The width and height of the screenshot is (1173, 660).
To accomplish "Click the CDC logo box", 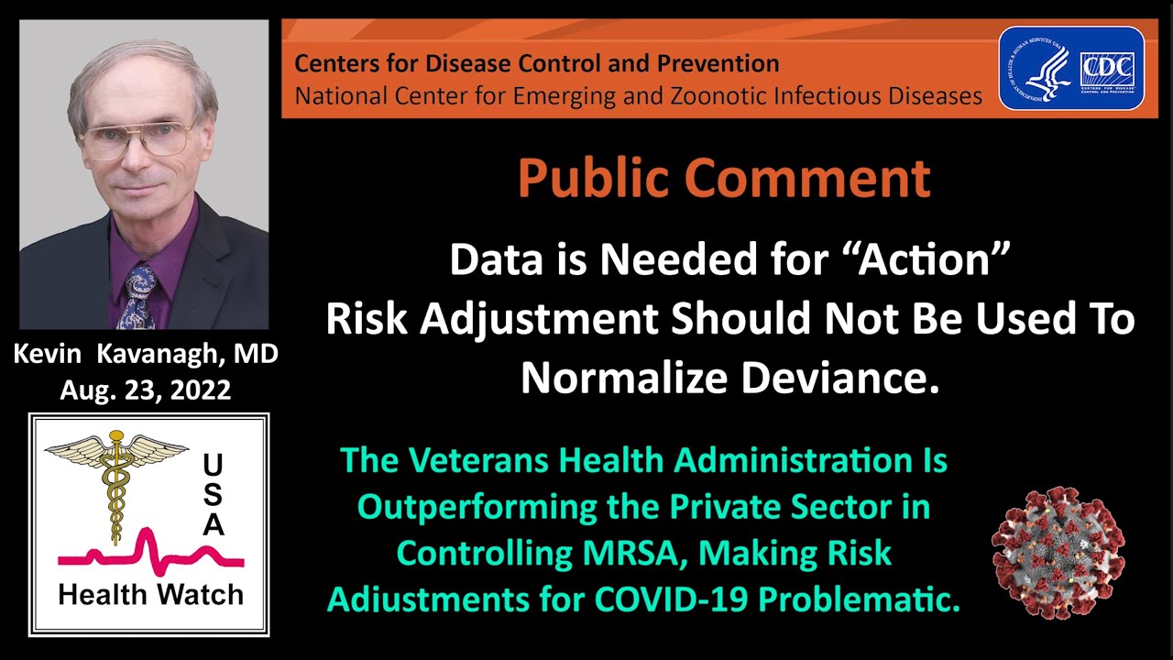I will (x=1107, y=69).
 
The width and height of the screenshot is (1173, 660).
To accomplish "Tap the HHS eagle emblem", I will (x=1040, y=69).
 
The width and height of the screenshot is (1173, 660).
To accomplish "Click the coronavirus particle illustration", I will (x=1058, y=554).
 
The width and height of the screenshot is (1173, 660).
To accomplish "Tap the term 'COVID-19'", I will (x=678, y=600).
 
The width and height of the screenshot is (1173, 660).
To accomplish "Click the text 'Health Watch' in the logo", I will (x=150, y=594).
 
